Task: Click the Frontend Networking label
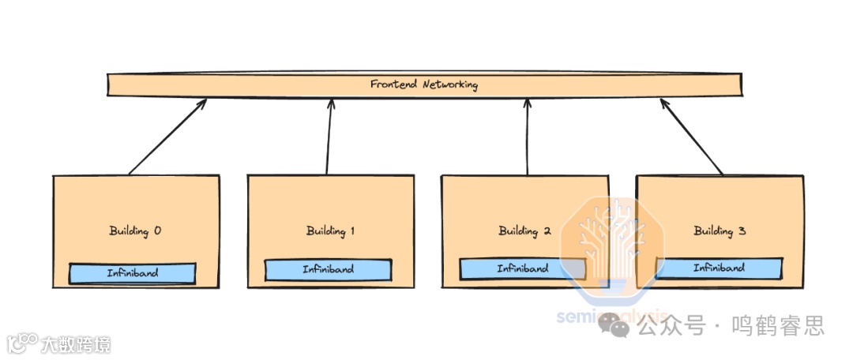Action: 424,84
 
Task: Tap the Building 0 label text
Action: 135,231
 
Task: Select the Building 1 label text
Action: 330,231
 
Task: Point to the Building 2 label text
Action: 524,231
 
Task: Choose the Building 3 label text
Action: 720,231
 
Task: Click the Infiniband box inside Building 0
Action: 133,273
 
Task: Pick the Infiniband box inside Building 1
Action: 328,270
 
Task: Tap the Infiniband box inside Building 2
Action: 523,269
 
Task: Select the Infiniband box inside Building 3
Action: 719,268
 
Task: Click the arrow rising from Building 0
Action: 167,136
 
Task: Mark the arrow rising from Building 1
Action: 329,136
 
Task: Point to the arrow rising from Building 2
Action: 527,136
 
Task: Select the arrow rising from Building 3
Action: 692,136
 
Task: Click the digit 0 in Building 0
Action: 157,231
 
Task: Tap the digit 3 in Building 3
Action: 742,231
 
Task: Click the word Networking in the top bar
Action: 449,84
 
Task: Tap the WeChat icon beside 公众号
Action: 614,324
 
